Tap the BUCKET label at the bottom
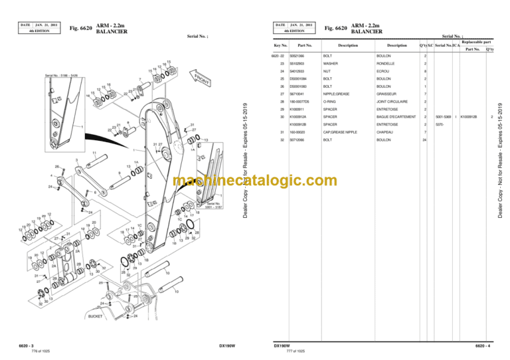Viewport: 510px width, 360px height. [96, 317]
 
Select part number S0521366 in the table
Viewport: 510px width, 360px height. [305, 56]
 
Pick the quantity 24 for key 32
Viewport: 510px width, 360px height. [424, 140]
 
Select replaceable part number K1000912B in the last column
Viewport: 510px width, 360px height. [469, 116]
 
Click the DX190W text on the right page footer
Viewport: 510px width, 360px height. [282, 345]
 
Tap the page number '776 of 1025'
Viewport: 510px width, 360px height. [39, 351]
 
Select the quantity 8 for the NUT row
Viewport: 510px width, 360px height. [425, 70]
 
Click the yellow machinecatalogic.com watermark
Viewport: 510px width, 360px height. [254, 181]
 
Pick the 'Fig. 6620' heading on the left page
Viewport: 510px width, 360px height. [81, 28]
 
